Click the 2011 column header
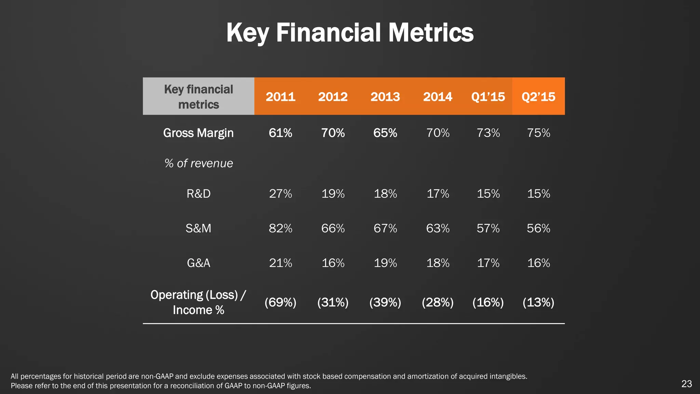click(280, 97)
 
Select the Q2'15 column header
click(538, 97)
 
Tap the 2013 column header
click(385, 97)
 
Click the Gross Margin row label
click(198, 133)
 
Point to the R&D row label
click(198, 194)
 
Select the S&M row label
click(198, 228)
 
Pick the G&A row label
click(198, 263)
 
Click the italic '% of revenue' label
click(198, 163)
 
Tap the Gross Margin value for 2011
click(280, 133)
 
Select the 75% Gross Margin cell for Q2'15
click(538, 133)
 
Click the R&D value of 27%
click(280, 194)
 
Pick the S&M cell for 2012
click(333, 228)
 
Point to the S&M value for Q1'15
click(488, 228)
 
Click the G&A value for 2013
click(385, 263)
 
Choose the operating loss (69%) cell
click(280, 302)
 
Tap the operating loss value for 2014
click(437, 302)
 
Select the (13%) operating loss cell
click(538, 302)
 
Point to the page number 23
click(686, 384)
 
